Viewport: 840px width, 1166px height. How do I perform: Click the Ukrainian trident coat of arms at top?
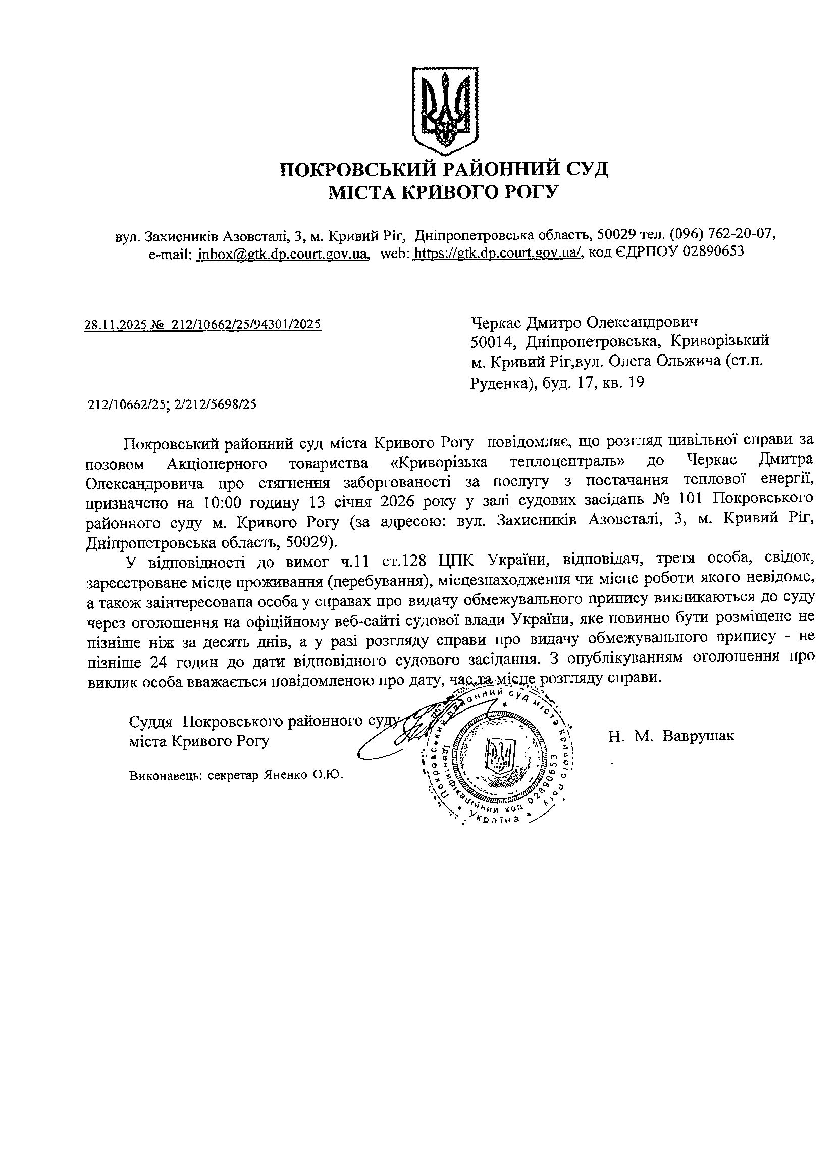446,110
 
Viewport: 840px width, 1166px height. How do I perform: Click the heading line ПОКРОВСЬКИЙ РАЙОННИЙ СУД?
444,169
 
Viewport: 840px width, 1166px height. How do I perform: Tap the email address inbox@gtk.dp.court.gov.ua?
283,254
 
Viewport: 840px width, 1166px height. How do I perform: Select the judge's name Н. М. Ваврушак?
671,736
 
